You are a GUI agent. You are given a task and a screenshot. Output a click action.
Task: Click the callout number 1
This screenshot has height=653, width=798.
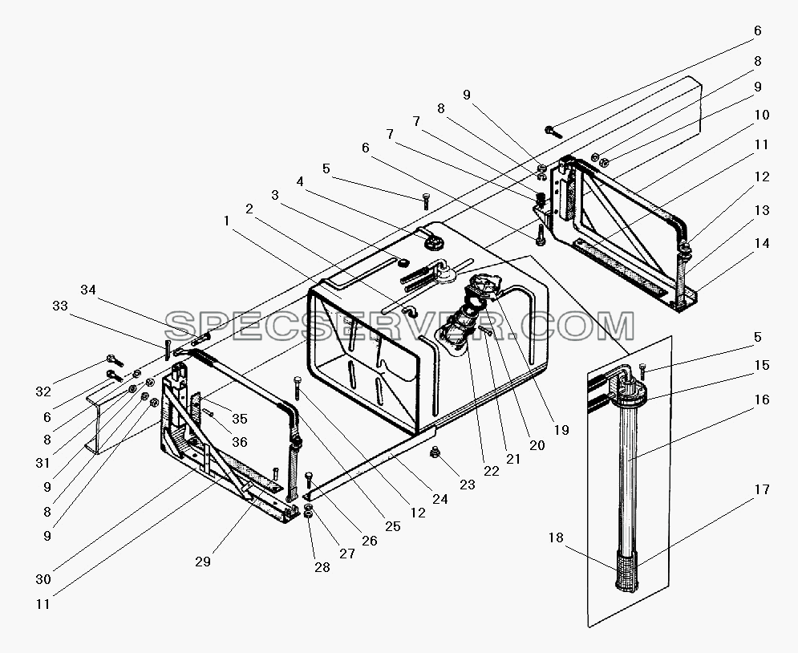point(226,221)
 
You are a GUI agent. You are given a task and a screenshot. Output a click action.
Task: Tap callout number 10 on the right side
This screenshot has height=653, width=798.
point(762,115)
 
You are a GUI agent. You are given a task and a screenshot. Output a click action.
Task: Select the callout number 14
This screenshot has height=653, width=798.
point(762,243)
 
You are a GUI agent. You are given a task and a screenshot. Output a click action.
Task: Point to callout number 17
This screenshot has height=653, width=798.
point(762,489)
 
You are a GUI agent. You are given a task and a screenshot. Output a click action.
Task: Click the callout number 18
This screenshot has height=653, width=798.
point(557,537)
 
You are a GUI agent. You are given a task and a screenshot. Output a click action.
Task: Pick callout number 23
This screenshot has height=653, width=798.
point(468,485)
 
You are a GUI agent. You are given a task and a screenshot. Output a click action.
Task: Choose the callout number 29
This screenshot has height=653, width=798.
point(203,562)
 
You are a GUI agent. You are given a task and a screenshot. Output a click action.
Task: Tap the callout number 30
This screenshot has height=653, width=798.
point(43,579)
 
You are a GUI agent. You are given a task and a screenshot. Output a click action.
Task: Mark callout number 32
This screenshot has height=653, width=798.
point(43,391)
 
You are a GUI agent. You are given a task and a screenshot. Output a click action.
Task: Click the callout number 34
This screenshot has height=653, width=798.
point(88,290)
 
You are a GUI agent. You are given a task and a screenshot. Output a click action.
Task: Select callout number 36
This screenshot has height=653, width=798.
point(239,442)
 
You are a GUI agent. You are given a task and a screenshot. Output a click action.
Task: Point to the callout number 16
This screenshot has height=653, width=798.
point(762,400)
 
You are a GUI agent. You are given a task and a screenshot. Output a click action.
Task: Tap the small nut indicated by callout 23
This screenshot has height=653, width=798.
point(435,451)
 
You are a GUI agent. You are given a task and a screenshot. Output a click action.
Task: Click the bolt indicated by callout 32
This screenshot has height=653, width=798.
point(115,361)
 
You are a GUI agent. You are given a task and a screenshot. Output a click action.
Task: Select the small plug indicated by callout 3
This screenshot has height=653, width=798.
point(403,262)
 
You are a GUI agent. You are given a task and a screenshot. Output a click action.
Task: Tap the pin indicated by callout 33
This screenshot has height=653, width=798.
point(167,349)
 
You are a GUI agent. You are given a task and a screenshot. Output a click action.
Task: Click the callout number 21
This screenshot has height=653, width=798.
point(513,459)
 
